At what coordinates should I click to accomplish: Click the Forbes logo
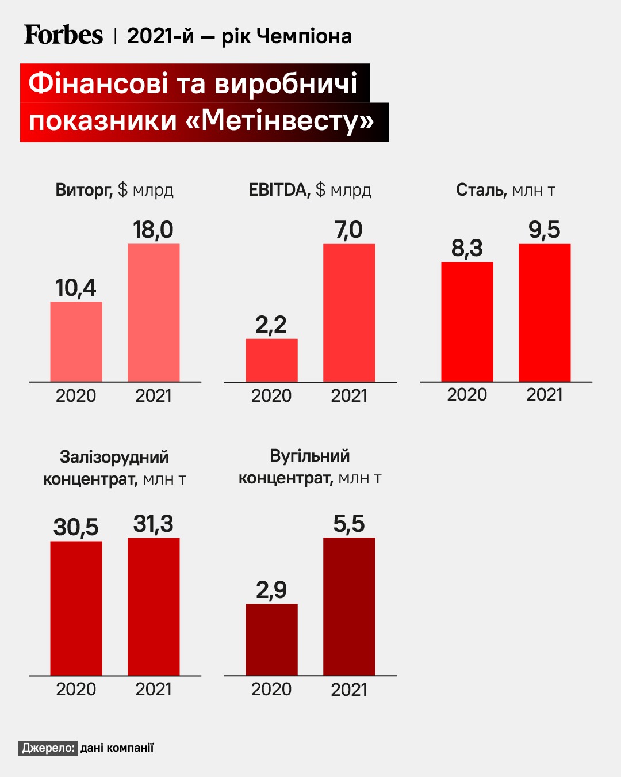tap(63, 35)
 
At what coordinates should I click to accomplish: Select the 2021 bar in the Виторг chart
tap(154, 313)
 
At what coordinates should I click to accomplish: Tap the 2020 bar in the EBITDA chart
tap(271, 360)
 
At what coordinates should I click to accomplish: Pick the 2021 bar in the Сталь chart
tap(545, 313)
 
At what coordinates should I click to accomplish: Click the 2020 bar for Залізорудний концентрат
tap(76, 608)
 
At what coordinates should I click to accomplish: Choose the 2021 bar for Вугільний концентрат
tap(349, 606)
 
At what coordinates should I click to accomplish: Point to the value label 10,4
tap(76, 288)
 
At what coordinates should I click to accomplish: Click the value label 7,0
tap(348, 230)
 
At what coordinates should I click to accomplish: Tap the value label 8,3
tap(467, 248)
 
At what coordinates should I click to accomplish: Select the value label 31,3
tap(153, 524)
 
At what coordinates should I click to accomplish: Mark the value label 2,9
tap(271, 590)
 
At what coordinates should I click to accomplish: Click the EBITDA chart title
tap(310, 190)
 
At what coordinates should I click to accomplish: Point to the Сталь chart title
tap(505, 190)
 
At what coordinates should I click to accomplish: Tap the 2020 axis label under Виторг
tap(76, 395)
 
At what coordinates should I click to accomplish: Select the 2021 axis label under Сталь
tap(545, 394)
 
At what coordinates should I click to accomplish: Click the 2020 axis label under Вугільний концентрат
tap(271, 689)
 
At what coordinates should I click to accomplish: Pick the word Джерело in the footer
tap(48, 748)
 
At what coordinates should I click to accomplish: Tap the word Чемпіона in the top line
tap(304, 36)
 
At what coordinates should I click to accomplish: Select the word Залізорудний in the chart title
tap(114, 457)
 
